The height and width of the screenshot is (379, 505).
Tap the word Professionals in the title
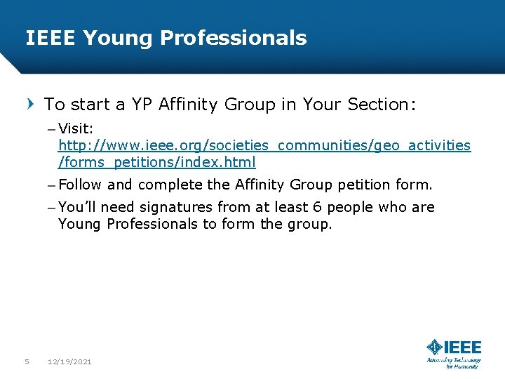(234, 38)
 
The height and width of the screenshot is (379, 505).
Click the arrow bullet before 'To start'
(30, 105)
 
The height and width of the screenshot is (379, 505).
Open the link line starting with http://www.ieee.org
(264, 145)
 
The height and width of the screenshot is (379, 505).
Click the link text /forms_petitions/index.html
(157, 162)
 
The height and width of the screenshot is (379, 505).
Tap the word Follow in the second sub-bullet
(81, 185)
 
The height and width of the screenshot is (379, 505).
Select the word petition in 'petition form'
(368, 185)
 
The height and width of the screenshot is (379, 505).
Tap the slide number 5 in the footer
(27, 361)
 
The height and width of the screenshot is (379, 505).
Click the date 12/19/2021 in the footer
(69, 361)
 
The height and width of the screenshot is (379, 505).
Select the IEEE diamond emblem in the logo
(435, 347)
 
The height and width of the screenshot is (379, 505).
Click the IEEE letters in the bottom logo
(464, 347)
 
